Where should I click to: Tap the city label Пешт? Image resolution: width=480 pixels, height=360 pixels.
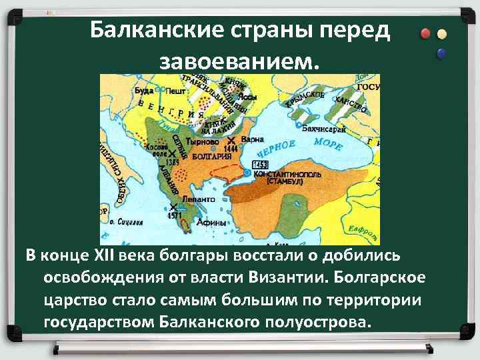175,91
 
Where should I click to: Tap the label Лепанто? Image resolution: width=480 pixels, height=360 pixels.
197,199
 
